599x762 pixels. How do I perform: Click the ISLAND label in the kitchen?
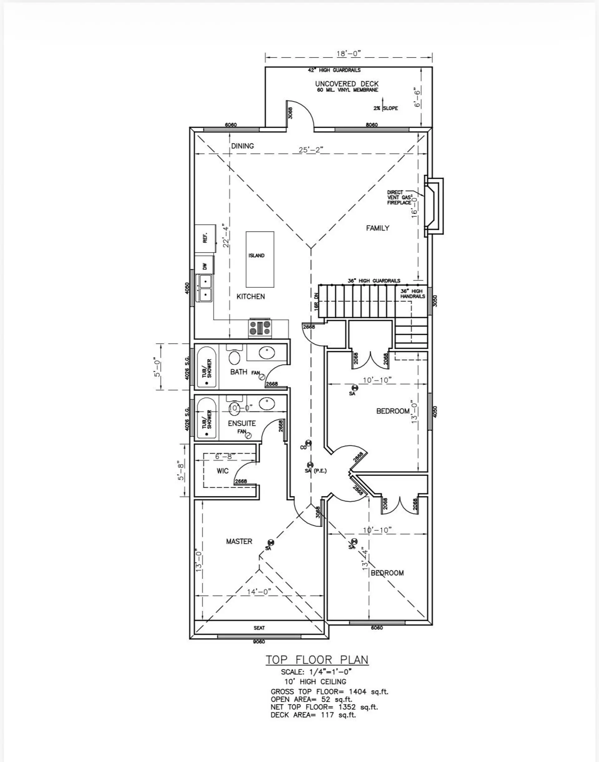(256, 255)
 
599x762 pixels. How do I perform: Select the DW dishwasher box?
(205, 266)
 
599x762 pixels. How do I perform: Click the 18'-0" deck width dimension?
(348, 54)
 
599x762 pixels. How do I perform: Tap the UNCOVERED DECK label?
(347, 84)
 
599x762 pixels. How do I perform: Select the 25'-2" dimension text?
(311, 150)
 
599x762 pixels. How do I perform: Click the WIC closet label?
(222, 471)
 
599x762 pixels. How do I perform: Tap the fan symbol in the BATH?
(261, 377)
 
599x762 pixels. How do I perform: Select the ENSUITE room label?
(242, 423)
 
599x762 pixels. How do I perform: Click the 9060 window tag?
(259, 642)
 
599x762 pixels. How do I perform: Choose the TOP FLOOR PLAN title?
(317, 660)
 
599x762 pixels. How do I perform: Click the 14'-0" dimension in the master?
(259, 592)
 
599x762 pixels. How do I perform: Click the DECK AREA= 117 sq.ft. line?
(313, 715)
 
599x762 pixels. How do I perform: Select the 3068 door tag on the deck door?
(290, 113)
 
